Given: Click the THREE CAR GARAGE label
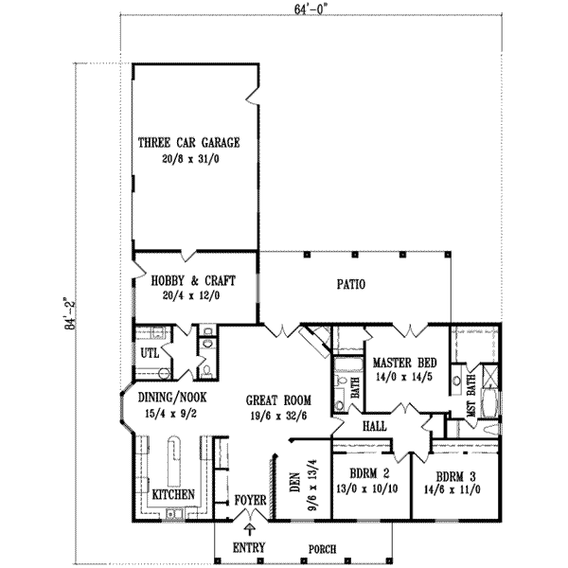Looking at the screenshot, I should point(189,143).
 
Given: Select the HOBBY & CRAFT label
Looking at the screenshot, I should point(193,281).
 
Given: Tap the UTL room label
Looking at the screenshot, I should point(149,353).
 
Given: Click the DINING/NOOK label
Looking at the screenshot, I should point(172,399).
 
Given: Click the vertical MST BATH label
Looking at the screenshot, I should point(470,396).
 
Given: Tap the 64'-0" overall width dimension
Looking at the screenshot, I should point(308,9).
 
